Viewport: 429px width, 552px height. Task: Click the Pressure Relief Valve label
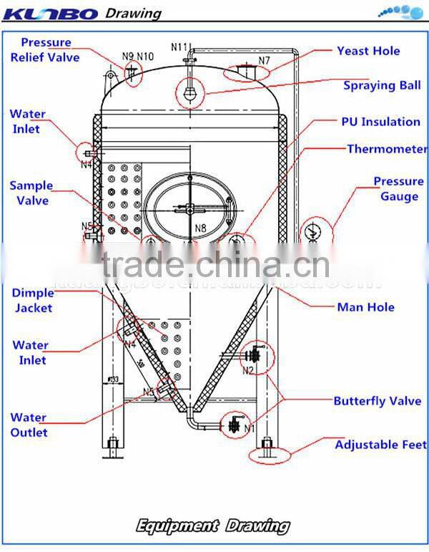(44, 49)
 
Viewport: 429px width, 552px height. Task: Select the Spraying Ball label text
(382, 85)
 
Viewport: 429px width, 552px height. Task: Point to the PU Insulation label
(380, 122)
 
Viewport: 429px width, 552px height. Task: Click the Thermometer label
(387, 150)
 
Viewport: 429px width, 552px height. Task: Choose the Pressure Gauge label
(398, 189)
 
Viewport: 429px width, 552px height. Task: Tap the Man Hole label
(365, 307)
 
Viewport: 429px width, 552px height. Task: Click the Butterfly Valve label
(377, 401)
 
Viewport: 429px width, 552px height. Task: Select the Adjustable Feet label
(380, 445)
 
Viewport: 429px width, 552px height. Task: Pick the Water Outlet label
(29, 425)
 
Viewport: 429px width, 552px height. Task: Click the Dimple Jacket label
(32, 301)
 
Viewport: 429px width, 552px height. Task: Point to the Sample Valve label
(31, 193)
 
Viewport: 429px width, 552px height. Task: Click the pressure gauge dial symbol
(312, 232)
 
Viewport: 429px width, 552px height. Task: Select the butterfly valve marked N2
(253, 355)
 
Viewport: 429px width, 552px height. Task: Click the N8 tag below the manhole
(201, 229)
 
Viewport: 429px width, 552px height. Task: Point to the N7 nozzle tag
(264, 61)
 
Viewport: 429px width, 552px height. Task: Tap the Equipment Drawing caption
(214, 527)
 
